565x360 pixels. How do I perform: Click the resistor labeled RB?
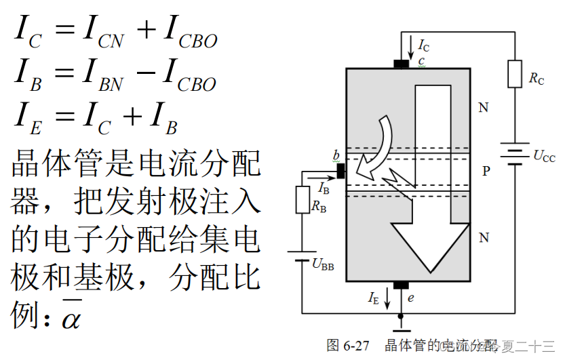(x=303, y=200)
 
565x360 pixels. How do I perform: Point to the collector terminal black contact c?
(x=402, y=64)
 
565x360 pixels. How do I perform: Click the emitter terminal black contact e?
(x=401, y=285)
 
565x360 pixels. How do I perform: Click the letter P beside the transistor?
(x=486, y=172)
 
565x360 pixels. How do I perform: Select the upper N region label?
(x=483, y=108)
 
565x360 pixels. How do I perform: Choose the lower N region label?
(x=484, y=237)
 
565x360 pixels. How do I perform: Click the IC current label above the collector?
(x=423, y=46)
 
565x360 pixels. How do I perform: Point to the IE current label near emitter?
(x=374, y=297)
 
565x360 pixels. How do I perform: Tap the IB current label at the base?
(x=324, y=187)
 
